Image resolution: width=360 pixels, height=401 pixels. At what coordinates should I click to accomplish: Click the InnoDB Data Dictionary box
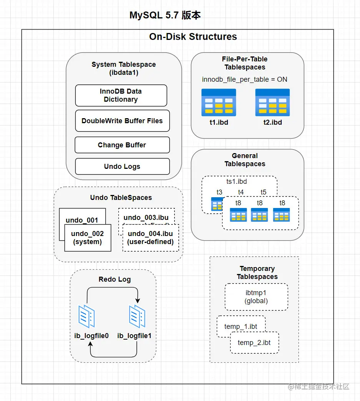pos(121,95)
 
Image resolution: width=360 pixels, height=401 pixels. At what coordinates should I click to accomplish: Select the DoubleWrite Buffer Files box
pos(122,120)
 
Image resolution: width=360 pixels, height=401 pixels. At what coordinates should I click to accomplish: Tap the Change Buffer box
pos(122,145)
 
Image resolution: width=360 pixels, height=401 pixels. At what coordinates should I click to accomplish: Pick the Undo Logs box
pos(122,167)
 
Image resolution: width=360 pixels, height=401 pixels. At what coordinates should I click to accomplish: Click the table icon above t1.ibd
pos(219,102)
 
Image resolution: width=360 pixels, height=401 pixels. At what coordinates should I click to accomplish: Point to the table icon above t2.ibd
pos(272,102)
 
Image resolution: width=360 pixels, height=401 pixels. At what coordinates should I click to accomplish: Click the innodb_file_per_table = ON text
pos(245,79)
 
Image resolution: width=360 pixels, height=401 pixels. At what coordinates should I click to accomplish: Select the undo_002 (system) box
pos(88,238)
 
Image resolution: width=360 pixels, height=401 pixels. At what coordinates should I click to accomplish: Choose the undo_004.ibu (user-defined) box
pos(151,238)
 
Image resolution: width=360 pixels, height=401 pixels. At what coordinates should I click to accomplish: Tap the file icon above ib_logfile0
pos(86,316)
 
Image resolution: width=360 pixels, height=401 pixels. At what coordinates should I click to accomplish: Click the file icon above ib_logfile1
pos(137,316)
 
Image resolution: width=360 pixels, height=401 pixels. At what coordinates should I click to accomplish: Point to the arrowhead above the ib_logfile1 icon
pos(138,300)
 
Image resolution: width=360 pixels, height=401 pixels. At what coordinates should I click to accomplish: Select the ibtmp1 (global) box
pos(256,297)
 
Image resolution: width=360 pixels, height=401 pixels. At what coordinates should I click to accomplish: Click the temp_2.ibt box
pos(254,343)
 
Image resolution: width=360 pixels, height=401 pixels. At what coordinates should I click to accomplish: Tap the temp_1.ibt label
pos(241,327)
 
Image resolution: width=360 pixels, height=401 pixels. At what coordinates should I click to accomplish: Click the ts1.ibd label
pos(237,182)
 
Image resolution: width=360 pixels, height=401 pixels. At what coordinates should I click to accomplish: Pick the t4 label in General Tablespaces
pos(241,192)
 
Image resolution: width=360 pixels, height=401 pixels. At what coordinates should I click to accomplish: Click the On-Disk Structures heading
pos(193,37)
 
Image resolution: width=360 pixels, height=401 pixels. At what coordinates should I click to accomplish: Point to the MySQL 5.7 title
pos(165,15)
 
